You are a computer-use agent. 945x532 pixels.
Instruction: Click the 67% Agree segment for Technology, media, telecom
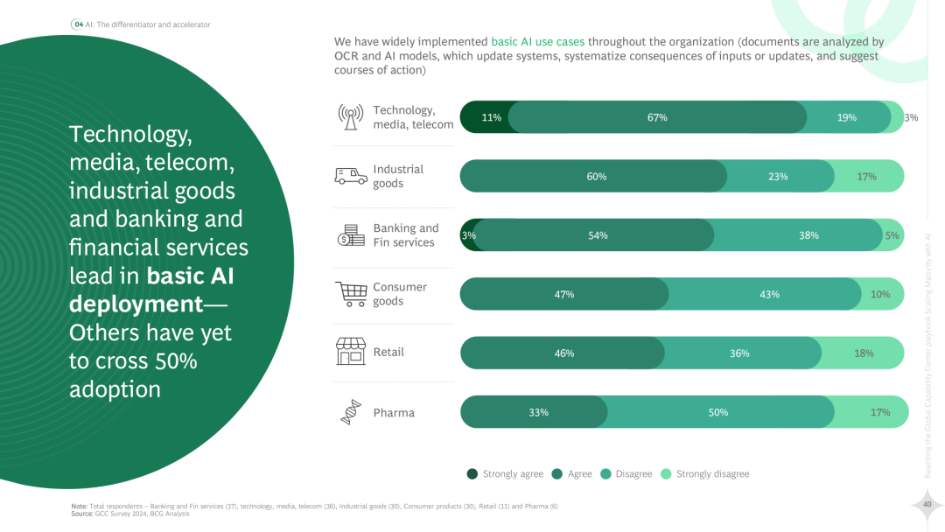pyautogui.click(x=657, y=117)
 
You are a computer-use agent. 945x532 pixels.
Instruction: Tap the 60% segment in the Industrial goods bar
pyautogui.click(x=596, y=176)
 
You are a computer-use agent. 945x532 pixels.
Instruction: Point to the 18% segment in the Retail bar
pyautogui.click(x=863, y=353)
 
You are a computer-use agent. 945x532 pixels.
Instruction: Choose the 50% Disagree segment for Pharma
pyautogui.click(x=718, y=412)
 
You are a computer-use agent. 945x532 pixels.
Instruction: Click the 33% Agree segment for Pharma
pyautogui.click(x=537, y=412)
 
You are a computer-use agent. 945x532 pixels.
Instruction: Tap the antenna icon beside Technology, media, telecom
pyautogui.click(x=351, y=117)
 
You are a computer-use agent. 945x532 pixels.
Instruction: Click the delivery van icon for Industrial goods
pyautogui.click(x=351, y=176)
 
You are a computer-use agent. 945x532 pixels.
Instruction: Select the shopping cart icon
pyautogui.click(x=351, y=294)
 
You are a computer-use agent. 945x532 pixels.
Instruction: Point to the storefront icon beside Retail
pyautogui.click(x=351, y=352)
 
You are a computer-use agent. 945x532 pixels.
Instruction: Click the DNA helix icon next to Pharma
pyautogui.click(x=351, y=412)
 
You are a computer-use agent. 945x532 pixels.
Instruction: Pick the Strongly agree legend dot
pyautogui.click(x=471, y=474)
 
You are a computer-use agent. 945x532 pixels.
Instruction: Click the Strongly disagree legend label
pyautogui.click(x=712, y=474)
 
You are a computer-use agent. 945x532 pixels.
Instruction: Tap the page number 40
pyautogui.click(x=926, y=504)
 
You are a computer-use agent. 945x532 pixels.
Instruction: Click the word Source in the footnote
pyautogui.click(x=81, y=514)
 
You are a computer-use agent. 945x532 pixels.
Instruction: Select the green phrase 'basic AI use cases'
pyautogui.click(x=538, y=41)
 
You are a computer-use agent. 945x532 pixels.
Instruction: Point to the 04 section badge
pyautogui.click(x=78, y=24)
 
